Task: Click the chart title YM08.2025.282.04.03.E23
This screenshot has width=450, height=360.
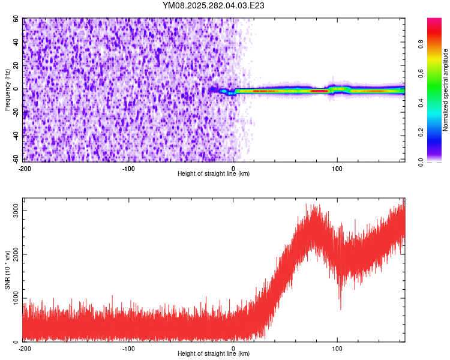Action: [x=214, y=5]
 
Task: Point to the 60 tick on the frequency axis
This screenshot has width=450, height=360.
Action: [x=16, y=19]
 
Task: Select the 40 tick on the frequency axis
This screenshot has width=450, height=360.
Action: [x=16, y=43]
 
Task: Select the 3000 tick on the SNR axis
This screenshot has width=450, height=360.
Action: [x=13, y=211]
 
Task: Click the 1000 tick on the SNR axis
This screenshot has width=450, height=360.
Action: [x=13, y=298]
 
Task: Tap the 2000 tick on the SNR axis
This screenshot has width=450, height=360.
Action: [x=13, y=255]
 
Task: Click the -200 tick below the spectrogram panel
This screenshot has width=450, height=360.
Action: [x=25, y=169]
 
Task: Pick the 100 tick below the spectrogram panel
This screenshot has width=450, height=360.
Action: [x=337, y=169]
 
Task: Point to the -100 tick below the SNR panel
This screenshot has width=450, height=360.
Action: [x=128, y=349]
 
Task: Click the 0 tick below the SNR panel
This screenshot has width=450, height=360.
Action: [x=233, y=349]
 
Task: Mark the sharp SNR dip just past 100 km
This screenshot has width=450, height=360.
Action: [x=340, y=308]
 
